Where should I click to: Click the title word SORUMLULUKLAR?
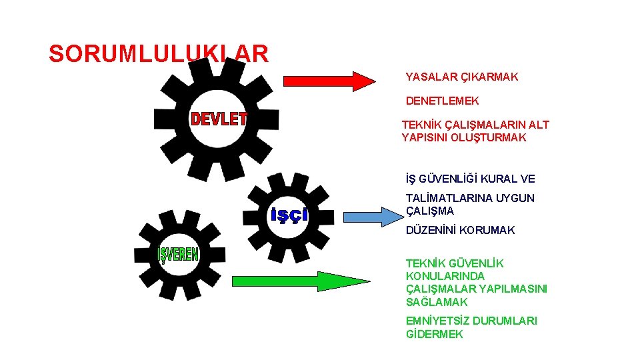click(159, 53)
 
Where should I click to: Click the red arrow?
click(329, 81)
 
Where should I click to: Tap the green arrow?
click(300, 283)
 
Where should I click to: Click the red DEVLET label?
click(219, 119)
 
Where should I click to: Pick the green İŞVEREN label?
click(178, 255)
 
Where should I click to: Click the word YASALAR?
click(431, 77)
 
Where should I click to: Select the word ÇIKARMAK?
click(489, 77)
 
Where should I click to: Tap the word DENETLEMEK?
click(442, 101)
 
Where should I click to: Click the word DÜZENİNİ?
click(434, 230)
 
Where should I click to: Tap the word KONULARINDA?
click(445, 276)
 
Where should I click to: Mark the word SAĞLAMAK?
click(437, 302)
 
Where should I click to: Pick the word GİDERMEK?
click(434, 334)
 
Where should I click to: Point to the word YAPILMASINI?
click(513, 289)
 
